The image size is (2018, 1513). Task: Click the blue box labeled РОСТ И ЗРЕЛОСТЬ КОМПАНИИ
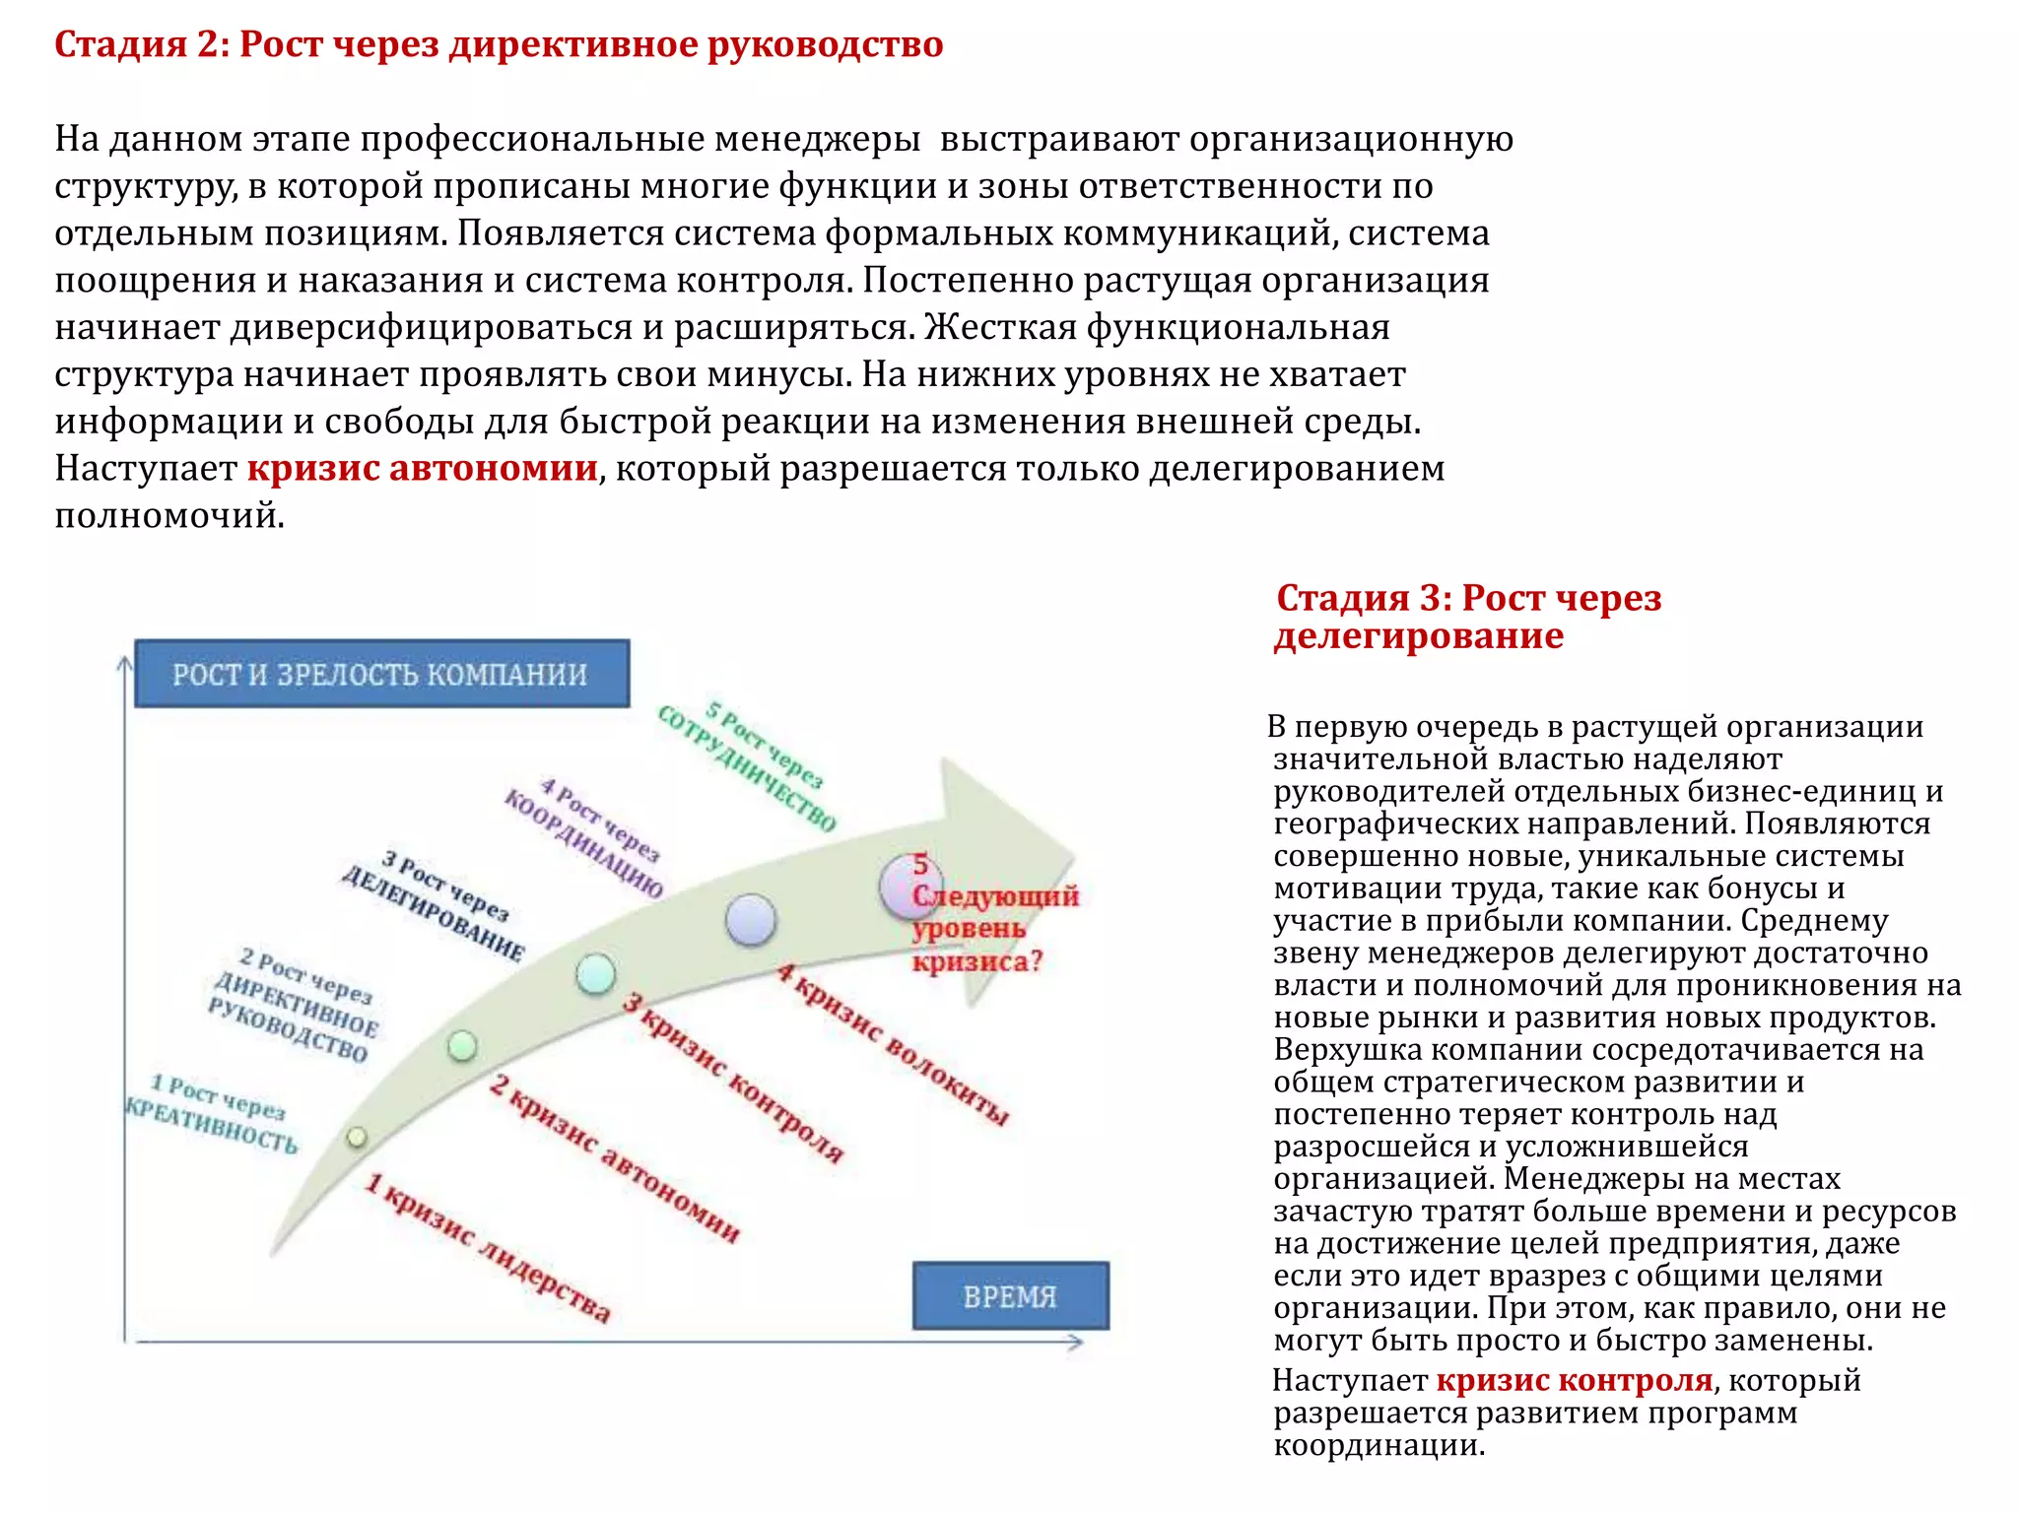click(381, 674)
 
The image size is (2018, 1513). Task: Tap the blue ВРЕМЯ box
click(1010, 1295)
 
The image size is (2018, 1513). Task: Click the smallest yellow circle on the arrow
click(357, 1138)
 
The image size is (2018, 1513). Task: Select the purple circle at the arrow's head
click(908, 885)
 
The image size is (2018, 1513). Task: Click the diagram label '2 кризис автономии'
click(615, 1157)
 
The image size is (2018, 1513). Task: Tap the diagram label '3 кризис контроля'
click(734, 1079)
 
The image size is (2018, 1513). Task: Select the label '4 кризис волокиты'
click(893, 1044)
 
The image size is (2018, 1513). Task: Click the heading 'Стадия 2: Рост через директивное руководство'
click(499, 44)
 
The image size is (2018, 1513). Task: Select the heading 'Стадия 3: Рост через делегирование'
click(1467, 617)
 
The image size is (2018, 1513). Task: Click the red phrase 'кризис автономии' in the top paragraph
click(422, 468)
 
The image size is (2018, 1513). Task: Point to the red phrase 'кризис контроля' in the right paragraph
click(1574, 1380)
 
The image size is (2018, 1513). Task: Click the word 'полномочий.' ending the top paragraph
click(169, 515)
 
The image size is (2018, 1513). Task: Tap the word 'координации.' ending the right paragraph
click(1379, 1445)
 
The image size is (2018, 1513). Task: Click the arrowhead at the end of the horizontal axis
click(1077, 1342)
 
